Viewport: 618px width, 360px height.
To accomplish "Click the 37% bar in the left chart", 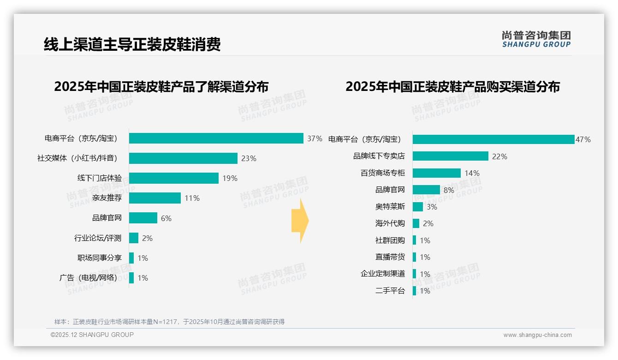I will point(216,138).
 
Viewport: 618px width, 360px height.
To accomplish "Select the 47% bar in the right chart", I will point(493,139).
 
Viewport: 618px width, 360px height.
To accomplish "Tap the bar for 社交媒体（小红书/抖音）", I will point(183,158).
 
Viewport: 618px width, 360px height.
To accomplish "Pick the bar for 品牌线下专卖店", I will point(450,156).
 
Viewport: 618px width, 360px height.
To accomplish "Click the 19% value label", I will point(230,178).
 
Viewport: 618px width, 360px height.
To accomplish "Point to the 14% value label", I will point(472,173).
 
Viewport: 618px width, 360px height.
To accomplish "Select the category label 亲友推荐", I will point(107,198).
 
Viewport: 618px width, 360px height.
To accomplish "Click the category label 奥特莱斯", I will point(390,207).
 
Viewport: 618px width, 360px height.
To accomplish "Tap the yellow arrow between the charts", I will point(300,221).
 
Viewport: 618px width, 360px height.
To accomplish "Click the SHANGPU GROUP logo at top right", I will point(536,39).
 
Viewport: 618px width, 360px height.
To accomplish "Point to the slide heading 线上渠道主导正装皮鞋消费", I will point(132,44).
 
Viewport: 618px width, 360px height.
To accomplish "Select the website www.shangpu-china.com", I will point(537,335).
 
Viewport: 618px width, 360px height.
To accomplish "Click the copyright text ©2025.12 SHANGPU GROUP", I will point(92,335).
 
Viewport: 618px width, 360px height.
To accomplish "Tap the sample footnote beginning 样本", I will point(169,322).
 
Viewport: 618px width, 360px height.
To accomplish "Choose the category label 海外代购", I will point(390,223).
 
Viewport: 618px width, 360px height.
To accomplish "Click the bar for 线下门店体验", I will point(173,178).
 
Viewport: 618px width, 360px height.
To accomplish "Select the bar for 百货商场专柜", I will point(436,173).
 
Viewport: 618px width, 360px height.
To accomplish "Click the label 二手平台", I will point(390,291).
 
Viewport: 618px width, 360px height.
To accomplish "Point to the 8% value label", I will point(449,190).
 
